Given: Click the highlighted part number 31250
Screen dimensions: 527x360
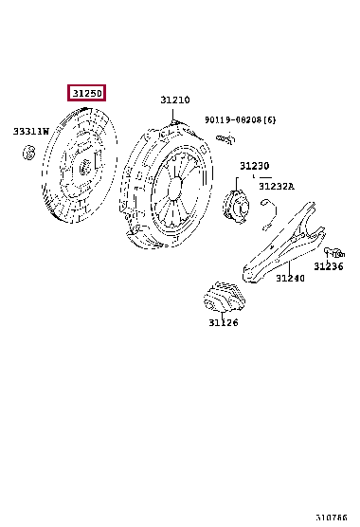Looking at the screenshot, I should point(85,93).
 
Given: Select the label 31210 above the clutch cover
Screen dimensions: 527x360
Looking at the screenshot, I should point(174,100).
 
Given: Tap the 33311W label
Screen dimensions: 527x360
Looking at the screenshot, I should point(30,132).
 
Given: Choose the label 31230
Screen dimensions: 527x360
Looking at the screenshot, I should point(254,166).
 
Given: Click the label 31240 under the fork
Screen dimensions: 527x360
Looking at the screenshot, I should point(291,278).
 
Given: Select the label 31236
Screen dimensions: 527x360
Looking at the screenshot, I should point(329,266).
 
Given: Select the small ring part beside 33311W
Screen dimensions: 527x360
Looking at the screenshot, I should point(29,154).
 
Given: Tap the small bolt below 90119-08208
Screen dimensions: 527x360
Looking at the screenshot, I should point(224,139).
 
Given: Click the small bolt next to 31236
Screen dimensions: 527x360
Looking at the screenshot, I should point(331,252).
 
